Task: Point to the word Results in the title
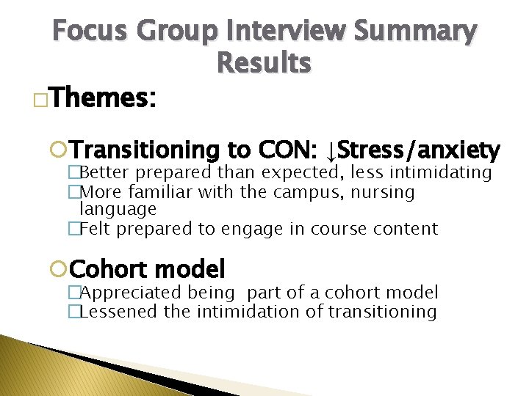point(264,64)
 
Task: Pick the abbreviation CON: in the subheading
point(288,151)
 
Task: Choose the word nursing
point(384,192)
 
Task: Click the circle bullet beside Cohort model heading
point(63,269)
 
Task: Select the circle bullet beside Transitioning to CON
point(63,151)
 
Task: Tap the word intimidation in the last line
point(253,312)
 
